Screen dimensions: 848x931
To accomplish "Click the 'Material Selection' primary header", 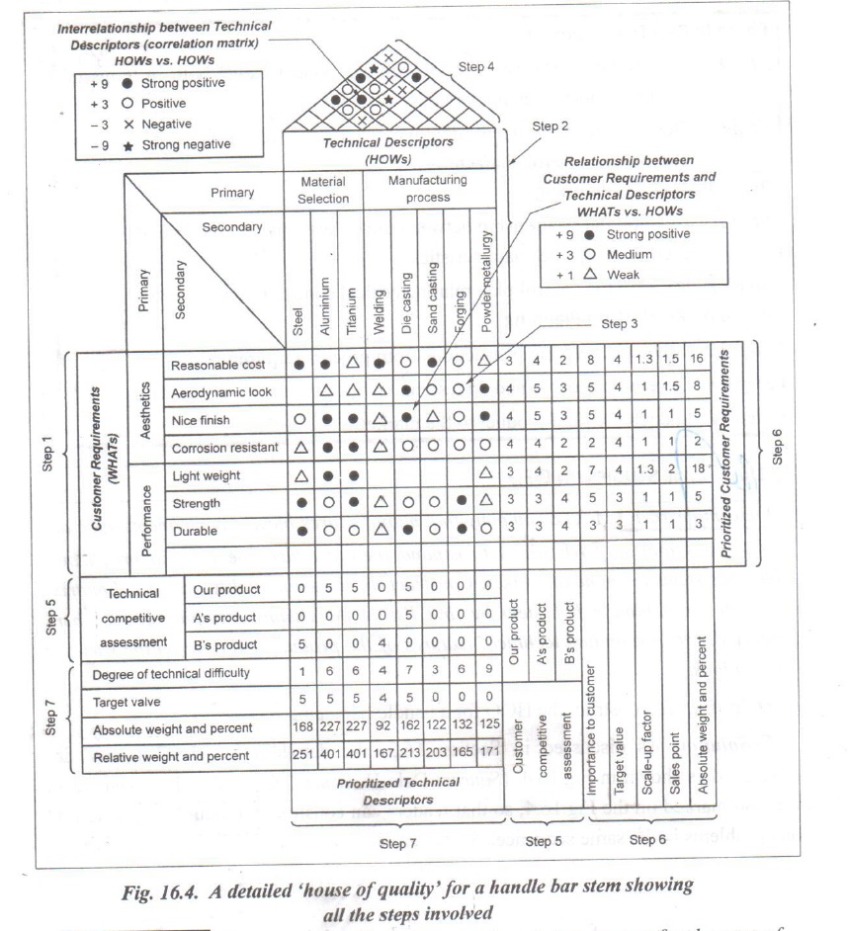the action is point(325,190).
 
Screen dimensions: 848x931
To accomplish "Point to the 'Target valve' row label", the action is point(131,702).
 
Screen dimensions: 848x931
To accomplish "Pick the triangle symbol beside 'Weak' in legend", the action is point(589,275).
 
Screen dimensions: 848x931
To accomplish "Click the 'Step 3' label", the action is point(619,323).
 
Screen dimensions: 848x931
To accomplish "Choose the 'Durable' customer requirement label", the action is point(195,529).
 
